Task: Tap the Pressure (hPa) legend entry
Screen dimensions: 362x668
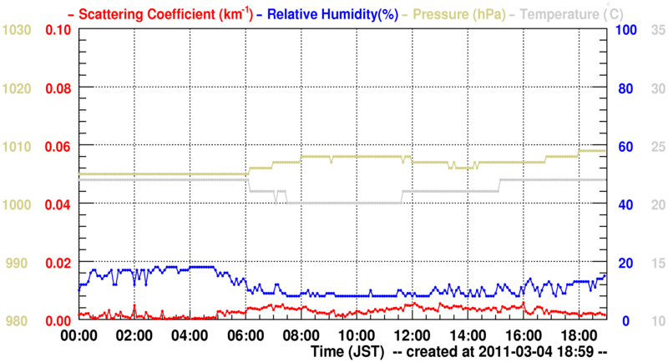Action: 454,13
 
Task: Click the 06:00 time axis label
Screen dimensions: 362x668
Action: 245,336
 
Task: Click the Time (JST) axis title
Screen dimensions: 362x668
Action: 347,353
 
